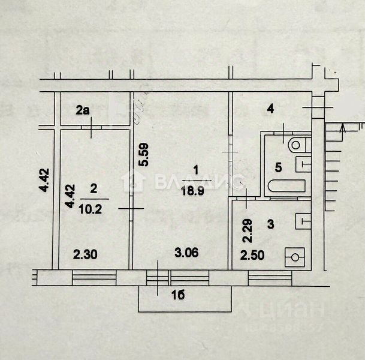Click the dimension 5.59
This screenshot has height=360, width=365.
pyautogui.click(x=143, y=155)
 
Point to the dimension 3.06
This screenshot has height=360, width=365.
pyautogui.click(x=183, y=254)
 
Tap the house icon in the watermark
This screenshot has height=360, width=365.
pyautogui.click(x=132, y=181)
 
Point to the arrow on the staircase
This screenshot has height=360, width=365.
pyautogui.click(x=341, y=128)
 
